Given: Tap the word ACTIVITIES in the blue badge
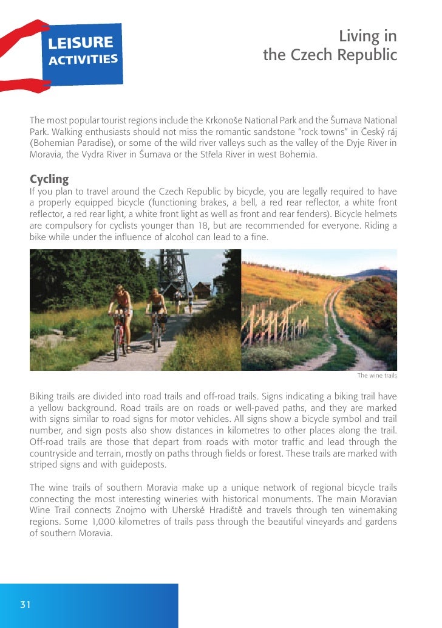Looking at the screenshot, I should (x=83, y=60).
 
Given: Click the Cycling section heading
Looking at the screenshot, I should (x=49, y=179).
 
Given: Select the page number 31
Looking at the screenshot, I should (x=25, y=604).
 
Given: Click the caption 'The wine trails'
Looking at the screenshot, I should (x=376, y=376).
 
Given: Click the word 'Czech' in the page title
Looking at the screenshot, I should (x=315, y=55).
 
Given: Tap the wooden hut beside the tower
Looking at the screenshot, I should (x=203, y=289).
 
